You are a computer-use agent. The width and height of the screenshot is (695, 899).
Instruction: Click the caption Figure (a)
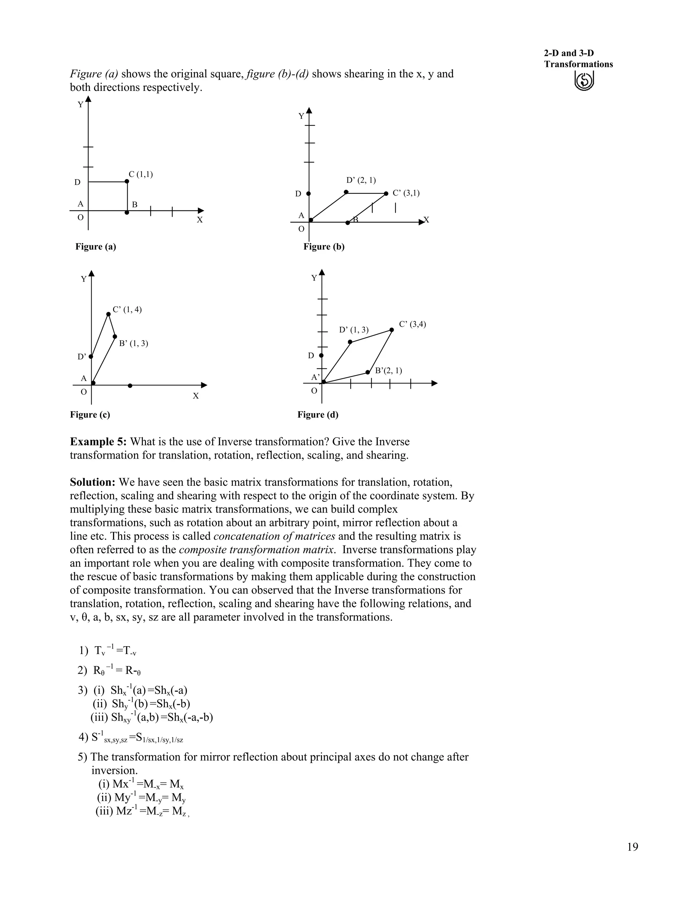tap(95, 247)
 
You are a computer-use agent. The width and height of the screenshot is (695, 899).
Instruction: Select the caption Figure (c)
tap(90, 415)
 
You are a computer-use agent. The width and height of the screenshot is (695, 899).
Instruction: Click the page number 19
tap(633, 847)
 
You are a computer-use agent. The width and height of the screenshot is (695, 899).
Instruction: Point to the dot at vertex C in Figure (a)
tap(127, 181)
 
